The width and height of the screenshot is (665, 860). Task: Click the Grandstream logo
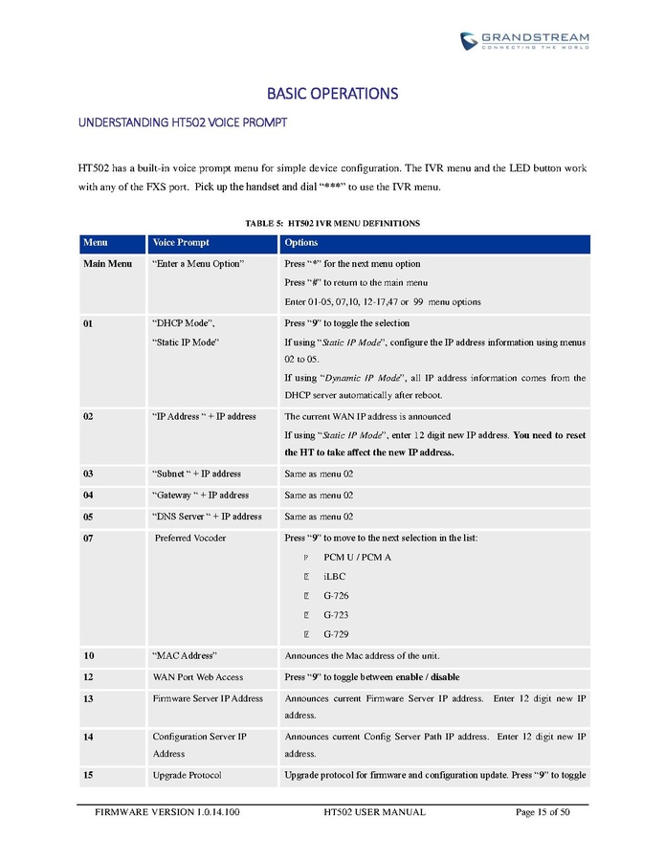tap(524, 40)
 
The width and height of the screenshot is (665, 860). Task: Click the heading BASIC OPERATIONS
tap(332, 94)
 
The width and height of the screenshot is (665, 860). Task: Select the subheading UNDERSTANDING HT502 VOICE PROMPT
tap(182, 123)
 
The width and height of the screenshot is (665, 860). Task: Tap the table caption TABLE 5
tap(332, 223)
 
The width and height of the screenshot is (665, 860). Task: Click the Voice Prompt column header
tap(181, 243)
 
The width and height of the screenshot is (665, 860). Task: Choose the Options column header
tap(301, 243)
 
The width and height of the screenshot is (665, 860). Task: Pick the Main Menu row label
tap(107, 263)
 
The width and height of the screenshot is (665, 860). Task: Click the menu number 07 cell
tap(88, 538)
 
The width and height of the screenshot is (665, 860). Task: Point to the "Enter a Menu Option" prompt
tap(198, 263)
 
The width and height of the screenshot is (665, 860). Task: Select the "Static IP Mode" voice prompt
tap(186, 342)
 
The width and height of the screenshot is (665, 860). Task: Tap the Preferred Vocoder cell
tap(190, 538)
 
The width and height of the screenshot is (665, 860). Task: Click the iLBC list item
tap(334, 576)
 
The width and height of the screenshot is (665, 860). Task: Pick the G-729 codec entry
tap(336, 633)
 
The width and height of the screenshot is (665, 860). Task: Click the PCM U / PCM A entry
tap(357, 557)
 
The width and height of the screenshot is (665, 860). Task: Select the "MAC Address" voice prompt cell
tap(185, 655)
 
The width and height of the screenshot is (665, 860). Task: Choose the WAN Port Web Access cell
tap(197, 676)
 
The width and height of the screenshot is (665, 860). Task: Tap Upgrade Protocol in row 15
tap(187, 774)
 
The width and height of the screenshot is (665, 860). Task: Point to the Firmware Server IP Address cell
tap(208, 698)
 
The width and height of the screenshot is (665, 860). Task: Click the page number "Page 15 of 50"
tap(543, 812)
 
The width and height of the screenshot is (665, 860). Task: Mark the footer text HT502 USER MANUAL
tap(374, 812)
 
